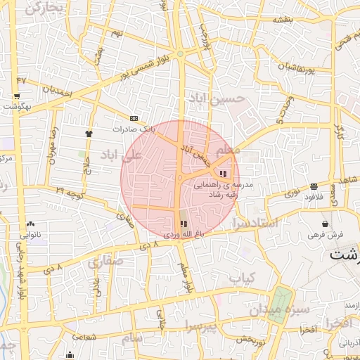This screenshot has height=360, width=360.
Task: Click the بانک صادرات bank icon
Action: click(x=134, y=118)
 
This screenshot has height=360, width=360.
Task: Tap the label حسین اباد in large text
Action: click(x=219, y=99)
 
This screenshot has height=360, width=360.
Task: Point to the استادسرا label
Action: click(x=255, y=224)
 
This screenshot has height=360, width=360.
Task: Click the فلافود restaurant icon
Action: click(x=313, y=186)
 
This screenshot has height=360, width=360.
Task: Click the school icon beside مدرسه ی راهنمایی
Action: click(x=224, y=174)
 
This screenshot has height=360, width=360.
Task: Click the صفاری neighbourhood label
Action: click(x=105, y=262)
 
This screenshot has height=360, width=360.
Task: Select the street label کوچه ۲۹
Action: click(x=70, y=191)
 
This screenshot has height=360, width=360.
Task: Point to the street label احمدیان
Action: click(x=57, y=90)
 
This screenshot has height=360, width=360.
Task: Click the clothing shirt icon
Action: click(x=89, y=133)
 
